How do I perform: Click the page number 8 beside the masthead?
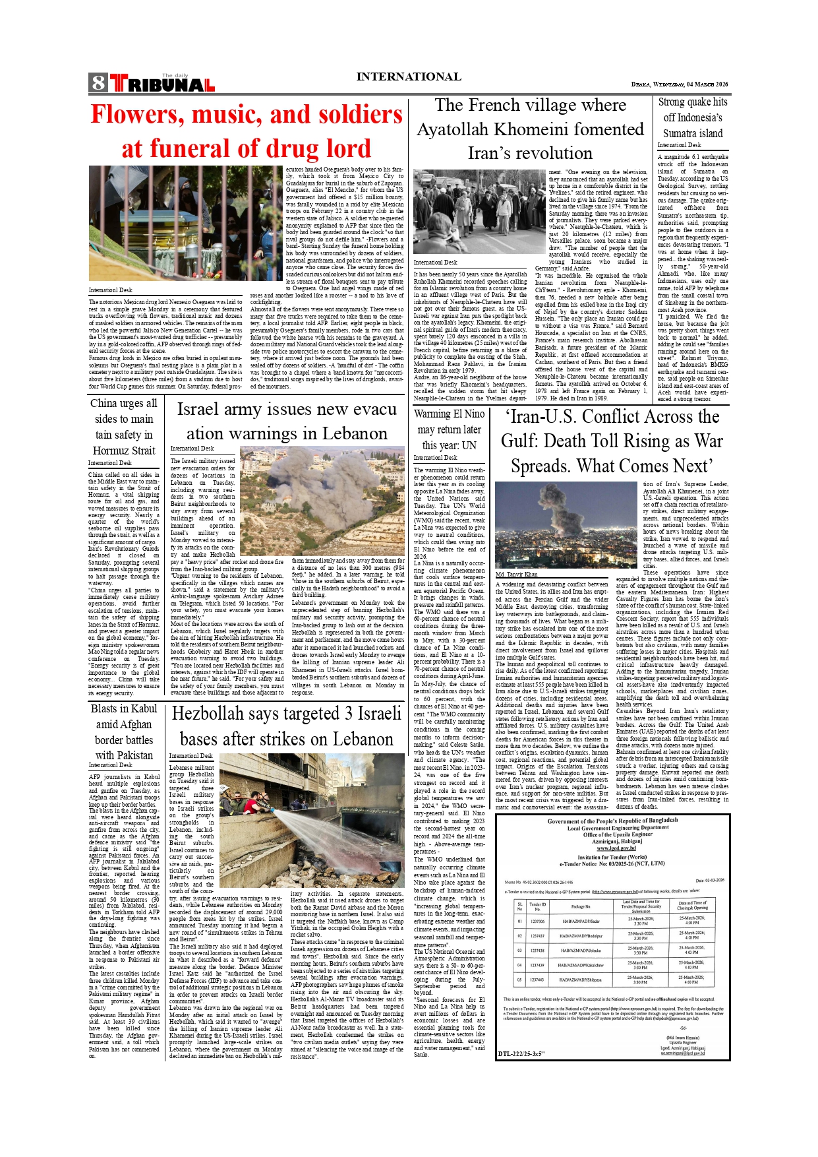click(98, 82)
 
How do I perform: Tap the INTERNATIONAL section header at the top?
click(408, 77)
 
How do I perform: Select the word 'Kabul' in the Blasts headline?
click(144, 708)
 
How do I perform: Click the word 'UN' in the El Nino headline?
click(468, 445)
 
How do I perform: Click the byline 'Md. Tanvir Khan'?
click(516, 574)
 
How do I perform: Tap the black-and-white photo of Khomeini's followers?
click(480, 212)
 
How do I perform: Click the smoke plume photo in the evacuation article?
click(322, 501)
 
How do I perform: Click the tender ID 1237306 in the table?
click(537, 921)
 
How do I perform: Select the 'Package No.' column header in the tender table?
click(581, 906)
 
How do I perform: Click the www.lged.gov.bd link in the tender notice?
click(612, 848)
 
